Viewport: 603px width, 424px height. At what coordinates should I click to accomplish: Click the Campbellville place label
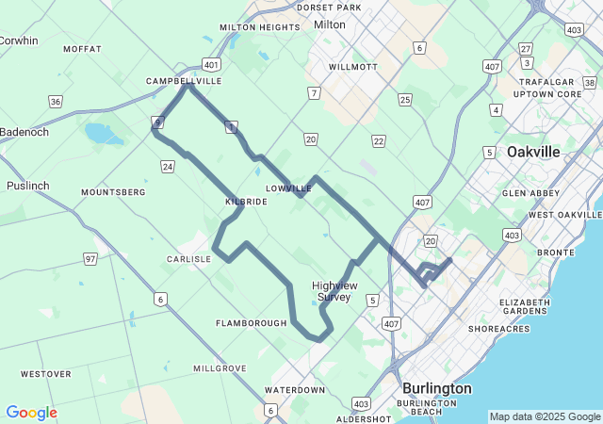tap(184, 81)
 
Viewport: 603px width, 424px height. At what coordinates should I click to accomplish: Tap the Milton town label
tap(330, 24)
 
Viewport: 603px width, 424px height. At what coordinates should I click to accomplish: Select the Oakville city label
tap(533, 152)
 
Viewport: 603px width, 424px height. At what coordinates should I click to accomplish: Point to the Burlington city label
tap(436, 388)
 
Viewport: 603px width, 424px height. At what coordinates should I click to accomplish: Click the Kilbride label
tap(247, 202)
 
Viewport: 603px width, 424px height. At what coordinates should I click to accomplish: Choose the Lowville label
tap(288, 188)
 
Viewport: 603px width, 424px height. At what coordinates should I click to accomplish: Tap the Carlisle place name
tap(189, 259)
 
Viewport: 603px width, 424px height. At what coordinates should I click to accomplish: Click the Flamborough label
tap(251, 323)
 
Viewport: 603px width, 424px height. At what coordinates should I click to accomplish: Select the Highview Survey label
tap(333, 290)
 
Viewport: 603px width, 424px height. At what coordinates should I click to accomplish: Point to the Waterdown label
tap(294, 390)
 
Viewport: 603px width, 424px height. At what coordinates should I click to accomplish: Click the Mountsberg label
tap(113, 192)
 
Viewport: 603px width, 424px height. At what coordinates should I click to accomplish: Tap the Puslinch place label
tap(27, 186)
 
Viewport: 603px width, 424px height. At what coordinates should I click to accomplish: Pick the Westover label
tap(45, 374)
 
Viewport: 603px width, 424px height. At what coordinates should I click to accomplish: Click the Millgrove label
tap(220, 368)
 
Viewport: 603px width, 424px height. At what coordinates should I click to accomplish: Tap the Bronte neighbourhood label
tap(555, 253)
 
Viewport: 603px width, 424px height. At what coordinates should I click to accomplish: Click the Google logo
tap(31, 413)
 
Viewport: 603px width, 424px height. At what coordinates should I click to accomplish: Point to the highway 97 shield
tap(90, 258)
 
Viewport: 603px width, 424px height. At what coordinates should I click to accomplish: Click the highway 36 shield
tap(57, 102)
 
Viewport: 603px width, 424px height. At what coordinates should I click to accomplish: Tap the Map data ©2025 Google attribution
tap(545, 416)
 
